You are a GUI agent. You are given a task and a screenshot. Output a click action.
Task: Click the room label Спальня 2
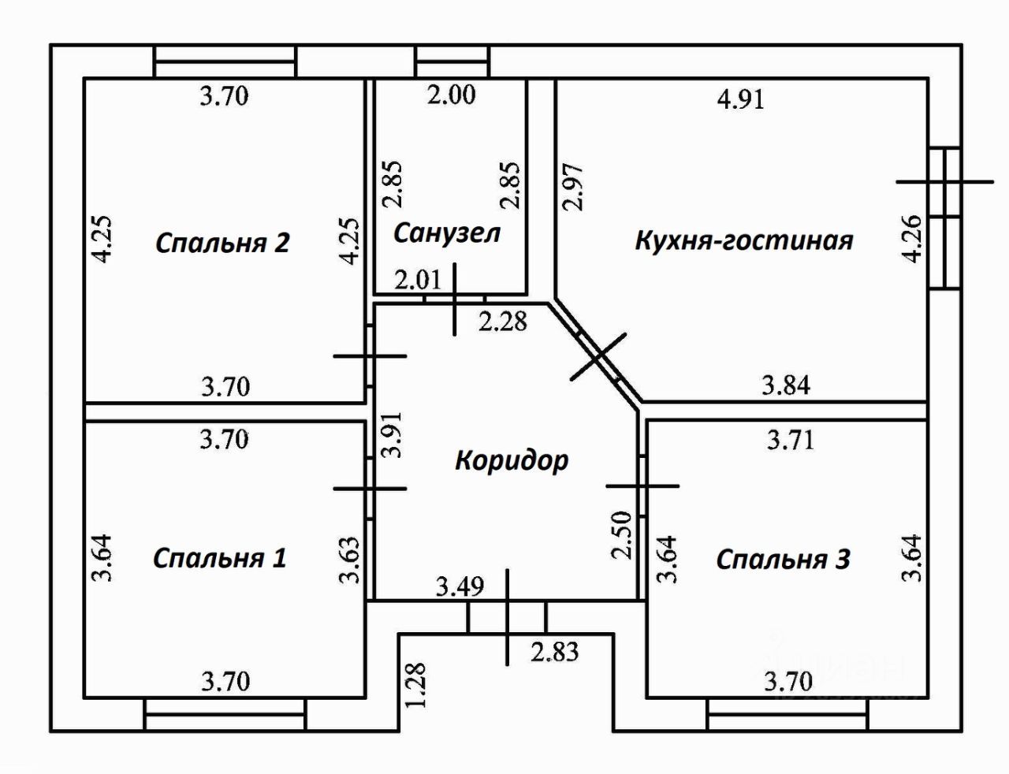coord(222,242)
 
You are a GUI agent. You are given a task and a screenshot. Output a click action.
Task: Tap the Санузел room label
coord(446,233)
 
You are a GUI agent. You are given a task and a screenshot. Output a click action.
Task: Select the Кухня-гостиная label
coord(744,240)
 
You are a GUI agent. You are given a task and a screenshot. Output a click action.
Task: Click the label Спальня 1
coord(220,558)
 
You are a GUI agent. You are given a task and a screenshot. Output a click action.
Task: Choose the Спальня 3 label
coord(783,559)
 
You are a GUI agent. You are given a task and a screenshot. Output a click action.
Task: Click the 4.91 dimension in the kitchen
coord(741,99)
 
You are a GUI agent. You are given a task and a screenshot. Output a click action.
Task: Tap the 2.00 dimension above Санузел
coord(452,95)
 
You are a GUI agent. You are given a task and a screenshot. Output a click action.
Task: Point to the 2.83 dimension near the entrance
coord(555,652)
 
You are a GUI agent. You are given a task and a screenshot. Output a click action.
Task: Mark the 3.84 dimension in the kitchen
coord(786,385)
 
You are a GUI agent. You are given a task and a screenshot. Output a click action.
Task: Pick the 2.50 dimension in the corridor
coord(622,535)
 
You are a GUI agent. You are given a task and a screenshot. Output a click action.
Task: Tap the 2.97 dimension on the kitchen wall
coord(573,186)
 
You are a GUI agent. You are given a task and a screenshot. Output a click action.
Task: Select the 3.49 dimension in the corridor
coord(460,586)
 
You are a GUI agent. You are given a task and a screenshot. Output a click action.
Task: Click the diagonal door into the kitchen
coord(598,357)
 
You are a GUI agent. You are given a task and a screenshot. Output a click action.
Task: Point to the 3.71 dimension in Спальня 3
coord(791,439)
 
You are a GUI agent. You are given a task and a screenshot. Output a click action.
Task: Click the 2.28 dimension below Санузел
coord(503,321)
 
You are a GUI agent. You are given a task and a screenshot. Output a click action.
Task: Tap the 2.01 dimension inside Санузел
coord(418,281)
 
